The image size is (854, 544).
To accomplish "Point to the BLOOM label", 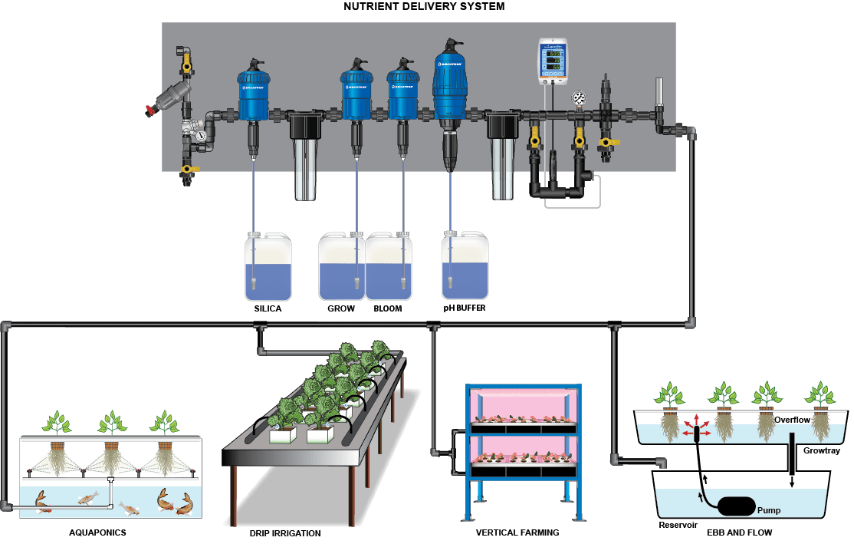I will [x=387, y=308].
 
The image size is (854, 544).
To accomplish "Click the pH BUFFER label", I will [x=464, y=308].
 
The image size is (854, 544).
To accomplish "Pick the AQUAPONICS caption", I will [x=97, y=531].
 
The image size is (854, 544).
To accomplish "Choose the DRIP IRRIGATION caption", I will [x=284, y=532].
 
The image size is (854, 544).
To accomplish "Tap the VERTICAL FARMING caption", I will [x=517, y=532].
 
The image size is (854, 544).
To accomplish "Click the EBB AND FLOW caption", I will [x=741, y=531].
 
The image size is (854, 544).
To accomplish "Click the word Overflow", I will [x=792, y=420].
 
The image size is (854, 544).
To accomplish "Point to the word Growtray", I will [x=822, y=450].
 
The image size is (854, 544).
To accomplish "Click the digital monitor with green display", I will [x=551, y=61].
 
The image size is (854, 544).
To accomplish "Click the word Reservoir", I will [x=677, y=525].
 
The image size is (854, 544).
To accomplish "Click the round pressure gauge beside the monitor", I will [x=579, y=98].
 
